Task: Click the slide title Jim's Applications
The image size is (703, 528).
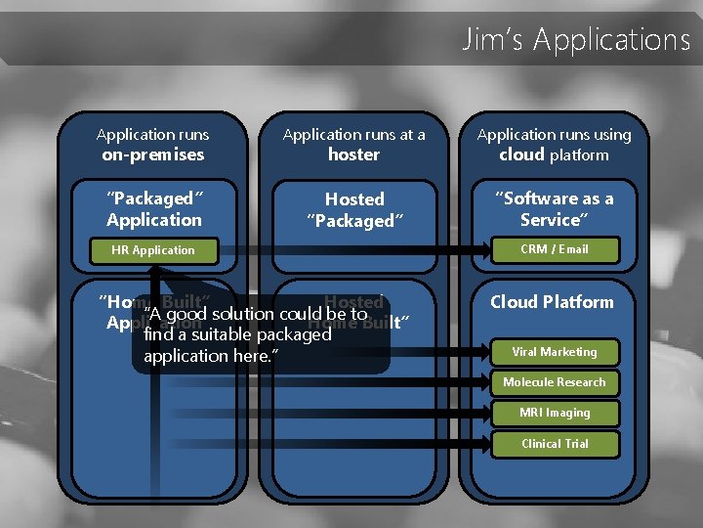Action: coord(576,40)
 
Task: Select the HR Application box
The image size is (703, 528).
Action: coord(154,250)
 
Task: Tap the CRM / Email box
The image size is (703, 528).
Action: coord(555,249)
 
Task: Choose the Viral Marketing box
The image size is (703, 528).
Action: coord(555,352)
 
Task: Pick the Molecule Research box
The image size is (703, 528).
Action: coord(555,382)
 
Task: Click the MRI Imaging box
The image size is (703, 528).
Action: coord(555,413)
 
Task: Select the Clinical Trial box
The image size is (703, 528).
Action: coord(555,444)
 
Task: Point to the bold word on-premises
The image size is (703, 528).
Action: coord(153,154)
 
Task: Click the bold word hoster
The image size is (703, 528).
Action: coord(353,154)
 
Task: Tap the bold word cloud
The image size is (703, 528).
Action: coord(521,154)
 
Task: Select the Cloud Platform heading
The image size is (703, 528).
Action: coord(553,302)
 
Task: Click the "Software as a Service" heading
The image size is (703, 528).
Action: coord(554,209)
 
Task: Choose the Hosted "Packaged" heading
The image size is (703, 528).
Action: coord(353,210)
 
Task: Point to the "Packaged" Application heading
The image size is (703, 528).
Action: coord(154,209)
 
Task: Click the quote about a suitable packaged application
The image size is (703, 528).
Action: coord(256,334)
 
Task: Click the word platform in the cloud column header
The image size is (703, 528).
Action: coord(579,154)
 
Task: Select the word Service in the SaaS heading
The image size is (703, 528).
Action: coord(554,220)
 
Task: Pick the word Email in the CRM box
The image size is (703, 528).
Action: coord(573,249)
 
